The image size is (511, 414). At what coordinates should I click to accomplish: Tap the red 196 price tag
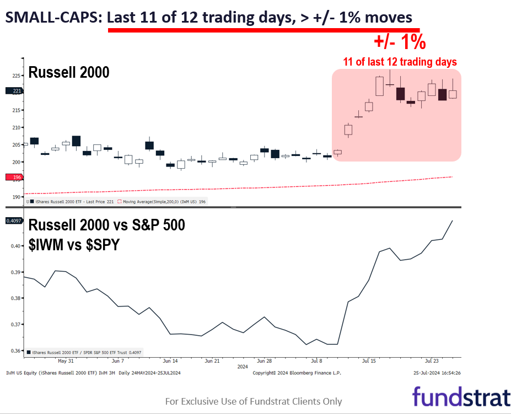coord(13,177)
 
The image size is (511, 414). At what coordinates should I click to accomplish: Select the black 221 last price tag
coord(13,91)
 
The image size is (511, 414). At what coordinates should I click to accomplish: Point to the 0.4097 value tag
coord(13,221)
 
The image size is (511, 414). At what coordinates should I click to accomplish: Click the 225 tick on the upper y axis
coord(17,76)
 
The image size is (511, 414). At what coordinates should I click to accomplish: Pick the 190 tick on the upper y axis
coord(17,197)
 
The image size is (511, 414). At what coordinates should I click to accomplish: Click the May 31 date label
coord(66,361)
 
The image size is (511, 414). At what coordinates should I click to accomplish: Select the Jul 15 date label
coord(369,361)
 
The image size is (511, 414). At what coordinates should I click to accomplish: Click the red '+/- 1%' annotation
coord(400,42)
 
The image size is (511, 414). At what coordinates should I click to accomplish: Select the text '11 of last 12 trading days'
coord(400,62)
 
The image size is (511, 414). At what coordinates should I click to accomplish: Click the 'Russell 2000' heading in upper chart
coord(69,72)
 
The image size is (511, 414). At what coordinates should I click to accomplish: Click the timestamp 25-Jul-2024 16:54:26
coord(437,373)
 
